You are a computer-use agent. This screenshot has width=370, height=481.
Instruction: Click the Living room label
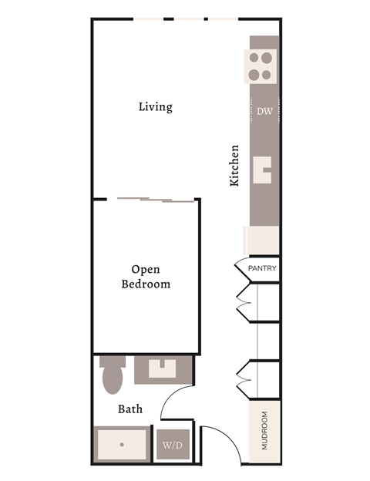pyautogui.click(x=155, y=106)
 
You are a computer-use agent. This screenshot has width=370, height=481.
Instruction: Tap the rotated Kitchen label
pyautogui.click(x=235, y=165)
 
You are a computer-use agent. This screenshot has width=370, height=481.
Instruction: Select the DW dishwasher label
pyautogui.click(x=264, y=111)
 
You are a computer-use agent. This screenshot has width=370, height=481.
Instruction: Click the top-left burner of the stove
pyautogui.click(x=254, y=57)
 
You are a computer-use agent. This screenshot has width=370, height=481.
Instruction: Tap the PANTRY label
pyautogui.click(x=262, y=269)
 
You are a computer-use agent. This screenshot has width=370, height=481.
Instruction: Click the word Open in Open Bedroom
pyautogui.click(x=146, y=269)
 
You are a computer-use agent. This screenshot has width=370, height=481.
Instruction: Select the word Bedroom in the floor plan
pyautogui.click(x=146, y=284)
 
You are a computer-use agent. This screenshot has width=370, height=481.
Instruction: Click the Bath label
pyautogui.click(x=129, y=409)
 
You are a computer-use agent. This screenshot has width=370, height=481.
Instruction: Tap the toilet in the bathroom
pyautogui.click(x=113, y=375)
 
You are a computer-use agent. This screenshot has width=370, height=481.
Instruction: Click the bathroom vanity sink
pyautogui.click(x=163, y=371)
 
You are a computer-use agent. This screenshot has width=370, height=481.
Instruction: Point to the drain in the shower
pyautogui.click(x=121, y=445)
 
